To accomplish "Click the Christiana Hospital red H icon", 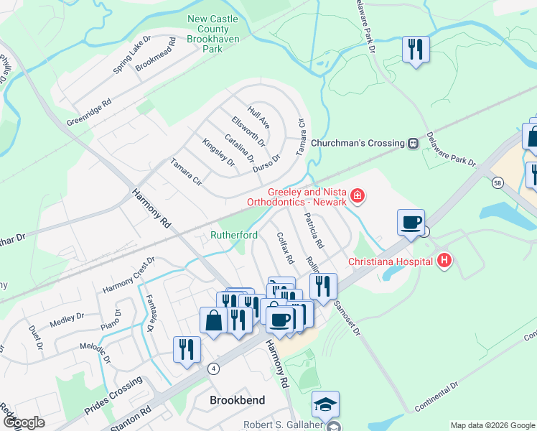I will [x=445, y=260].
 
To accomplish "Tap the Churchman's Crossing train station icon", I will [x=414, y=143].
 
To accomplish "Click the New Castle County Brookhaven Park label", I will [x=213, y=34].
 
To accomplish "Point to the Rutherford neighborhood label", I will [x=234, y=235].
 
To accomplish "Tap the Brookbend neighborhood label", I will [x=237, y=400].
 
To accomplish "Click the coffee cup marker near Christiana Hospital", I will [x=411, y=222].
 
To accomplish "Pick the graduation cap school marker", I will [x=325, y=404].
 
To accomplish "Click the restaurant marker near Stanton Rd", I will [x=187, y=349].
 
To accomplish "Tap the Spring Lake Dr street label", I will [x=132, y=55].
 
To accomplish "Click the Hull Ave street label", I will [x=258, y=117].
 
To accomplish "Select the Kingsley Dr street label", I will [x=219, y=152].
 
